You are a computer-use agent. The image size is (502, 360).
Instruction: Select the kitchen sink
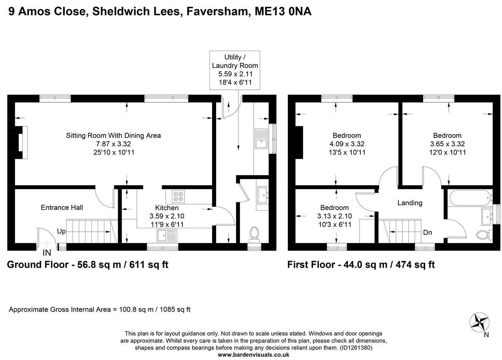[167, 235]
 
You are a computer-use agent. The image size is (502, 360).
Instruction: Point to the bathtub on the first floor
[469, 197]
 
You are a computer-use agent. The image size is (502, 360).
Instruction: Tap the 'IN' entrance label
[47, 253]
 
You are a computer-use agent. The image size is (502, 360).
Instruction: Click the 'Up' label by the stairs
[61, 231]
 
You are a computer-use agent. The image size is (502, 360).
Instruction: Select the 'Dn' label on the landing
[427, 233]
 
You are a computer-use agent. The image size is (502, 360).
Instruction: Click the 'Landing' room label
[410, 203]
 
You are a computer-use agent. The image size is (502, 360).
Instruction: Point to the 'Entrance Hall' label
[62, 207]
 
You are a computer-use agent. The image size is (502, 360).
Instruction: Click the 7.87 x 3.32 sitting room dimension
[113, 144]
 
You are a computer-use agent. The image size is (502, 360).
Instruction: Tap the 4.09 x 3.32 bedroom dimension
[347, 144]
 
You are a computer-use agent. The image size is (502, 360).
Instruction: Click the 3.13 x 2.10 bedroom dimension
[334, 216]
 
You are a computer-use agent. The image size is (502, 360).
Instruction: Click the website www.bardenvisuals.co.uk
[253, 355]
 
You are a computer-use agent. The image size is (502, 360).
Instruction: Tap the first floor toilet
[483, 235]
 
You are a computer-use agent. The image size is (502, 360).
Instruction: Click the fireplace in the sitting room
[22, 142]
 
